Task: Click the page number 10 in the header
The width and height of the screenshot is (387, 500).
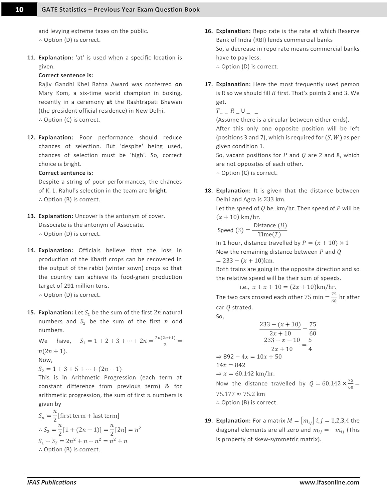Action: click(19, 9)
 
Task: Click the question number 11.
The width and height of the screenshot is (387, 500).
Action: click(31, 58)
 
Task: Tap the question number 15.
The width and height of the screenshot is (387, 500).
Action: click(31, 313)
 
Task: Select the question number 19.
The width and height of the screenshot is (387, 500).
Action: click(209, 421)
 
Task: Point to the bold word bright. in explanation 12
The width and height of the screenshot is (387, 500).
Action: click(158, 191)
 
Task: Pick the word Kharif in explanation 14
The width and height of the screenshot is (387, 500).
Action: click(99, 259)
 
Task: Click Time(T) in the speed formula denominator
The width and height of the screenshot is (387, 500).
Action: click(269, 235)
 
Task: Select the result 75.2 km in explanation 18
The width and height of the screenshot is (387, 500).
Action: click(254, 394)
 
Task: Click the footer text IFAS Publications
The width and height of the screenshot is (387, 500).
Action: click(52, 482)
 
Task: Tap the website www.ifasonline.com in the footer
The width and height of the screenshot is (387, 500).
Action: click(329, 482)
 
